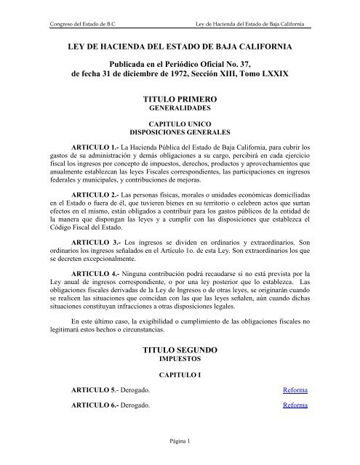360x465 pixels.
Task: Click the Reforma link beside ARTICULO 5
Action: (x=295, y=390)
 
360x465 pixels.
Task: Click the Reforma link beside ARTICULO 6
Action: (x=295, y=405)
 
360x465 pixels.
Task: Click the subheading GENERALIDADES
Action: (x=180, y=124)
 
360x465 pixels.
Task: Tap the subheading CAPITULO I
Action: (x=180, y=376)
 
